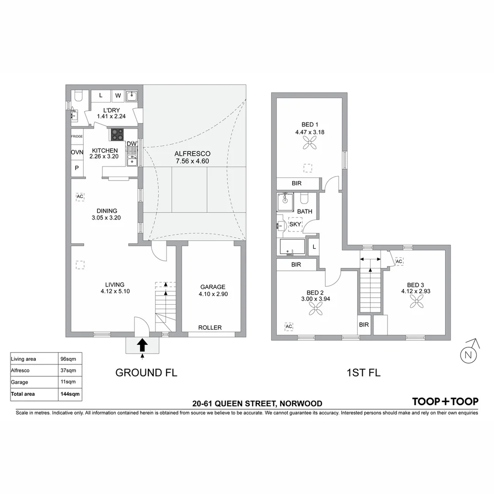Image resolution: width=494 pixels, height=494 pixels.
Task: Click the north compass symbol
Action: pos(467,354)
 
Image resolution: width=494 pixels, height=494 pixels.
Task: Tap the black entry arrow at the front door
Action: pos(142,344)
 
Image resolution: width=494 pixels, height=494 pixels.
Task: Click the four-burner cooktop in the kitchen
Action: pos(116,134)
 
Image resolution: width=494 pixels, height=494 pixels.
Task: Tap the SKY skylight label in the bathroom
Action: pos(295,224)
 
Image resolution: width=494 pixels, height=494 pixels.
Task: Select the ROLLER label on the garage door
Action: pos(210,328)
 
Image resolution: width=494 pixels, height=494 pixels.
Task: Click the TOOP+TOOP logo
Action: pos(445,402)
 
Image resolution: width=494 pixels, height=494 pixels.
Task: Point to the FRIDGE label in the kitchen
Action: pos(77,137)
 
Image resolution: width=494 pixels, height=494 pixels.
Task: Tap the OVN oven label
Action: pos(77,152)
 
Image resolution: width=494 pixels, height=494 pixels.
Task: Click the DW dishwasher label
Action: pos(132,144)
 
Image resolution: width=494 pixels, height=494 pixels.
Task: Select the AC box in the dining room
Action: pos(80,197)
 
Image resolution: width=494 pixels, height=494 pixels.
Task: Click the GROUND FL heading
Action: pos(146,372)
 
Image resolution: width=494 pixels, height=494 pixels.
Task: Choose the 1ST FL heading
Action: pos(364,372)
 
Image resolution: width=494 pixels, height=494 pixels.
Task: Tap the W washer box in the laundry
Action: pos(118,96)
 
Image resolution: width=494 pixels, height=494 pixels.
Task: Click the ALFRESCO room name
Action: pos(192,154)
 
